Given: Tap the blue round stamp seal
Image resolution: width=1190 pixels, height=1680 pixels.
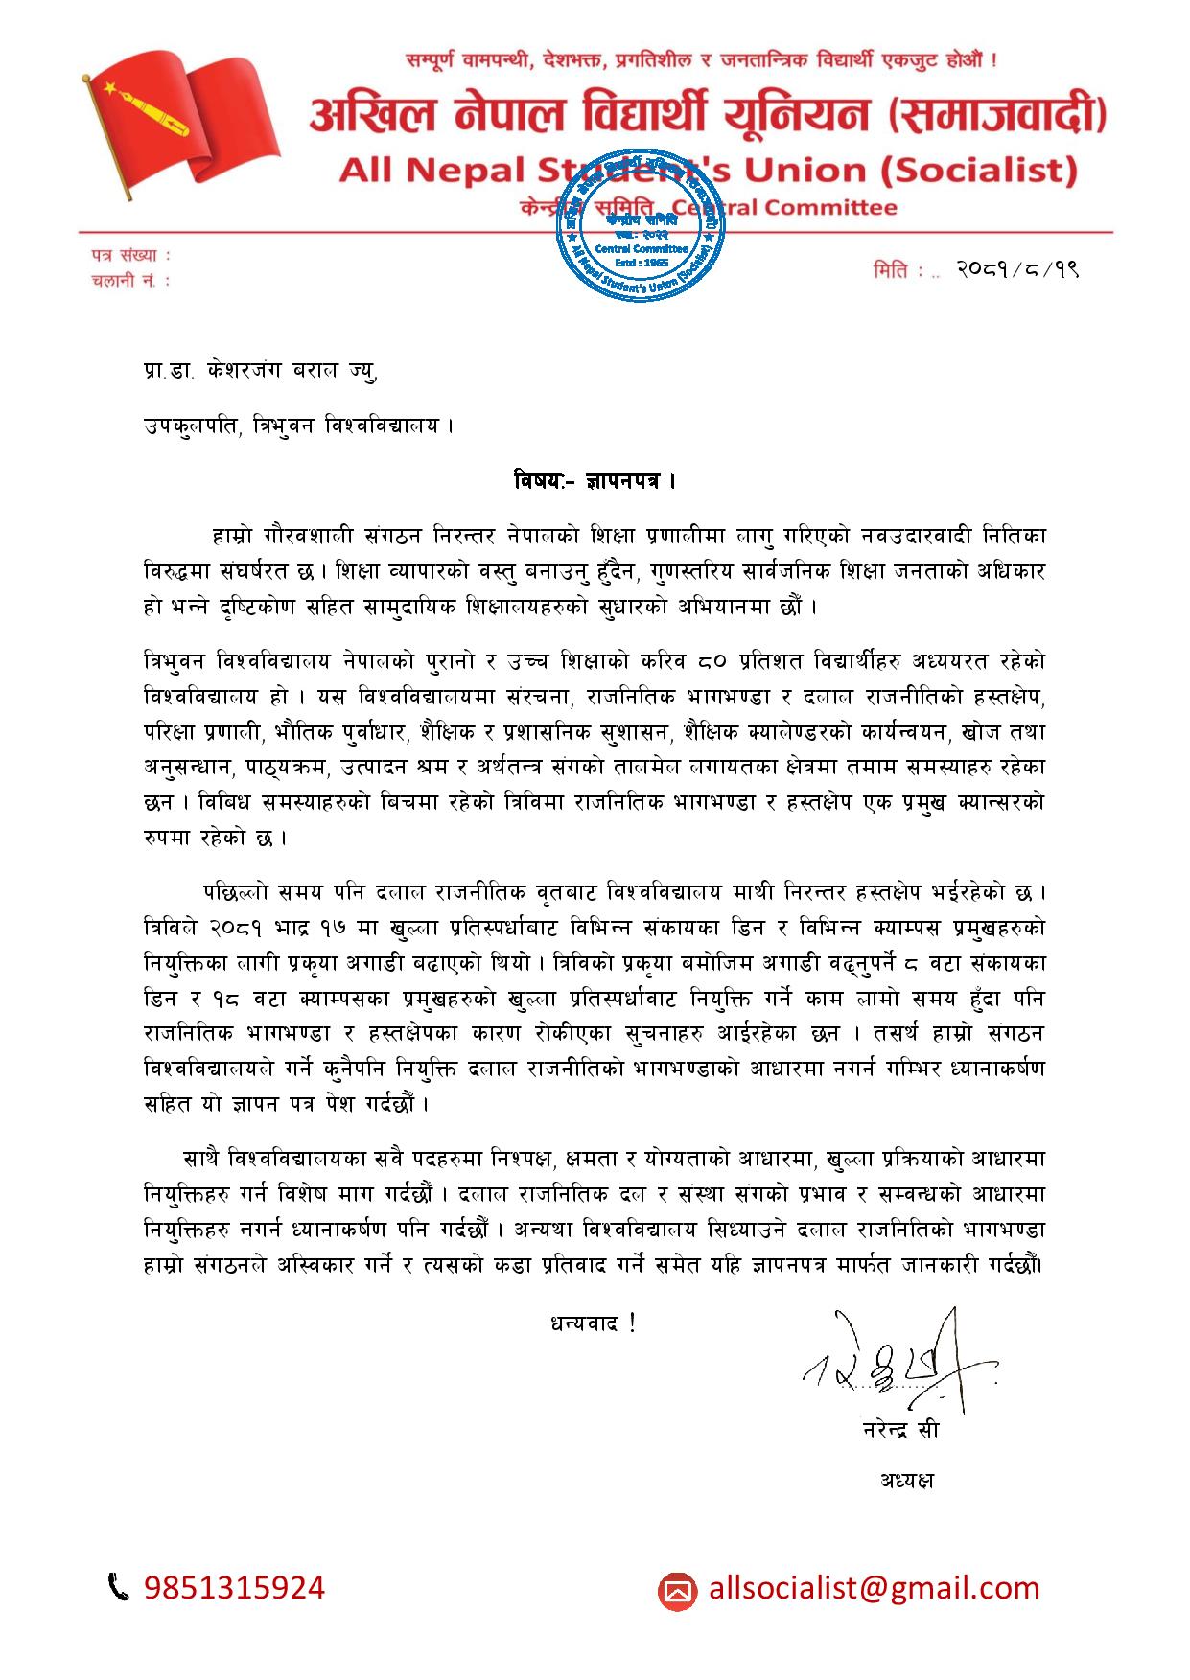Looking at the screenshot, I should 641,223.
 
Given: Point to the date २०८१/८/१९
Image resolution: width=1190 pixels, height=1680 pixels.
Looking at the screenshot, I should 1018,270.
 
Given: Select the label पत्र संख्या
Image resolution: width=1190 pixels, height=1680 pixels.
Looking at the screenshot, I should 131,256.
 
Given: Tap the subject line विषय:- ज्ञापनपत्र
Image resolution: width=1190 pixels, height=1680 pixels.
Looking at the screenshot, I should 595,478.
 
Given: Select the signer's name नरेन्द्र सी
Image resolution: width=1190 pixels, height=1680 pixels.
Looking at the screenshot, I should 901,1431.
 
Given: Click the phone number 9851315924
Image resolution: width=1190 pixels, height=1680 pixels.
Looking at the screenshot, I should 235,1588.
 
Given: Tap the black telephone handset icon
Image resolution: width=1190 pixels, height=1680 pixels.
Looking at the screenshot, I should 119,1588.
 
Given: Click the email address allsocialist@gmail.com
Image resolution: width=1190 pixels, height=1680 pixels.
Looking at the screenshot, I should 874,1588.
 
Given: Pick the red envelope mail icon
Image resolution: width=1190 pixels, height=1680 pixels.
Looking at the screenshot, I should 677,1591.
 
